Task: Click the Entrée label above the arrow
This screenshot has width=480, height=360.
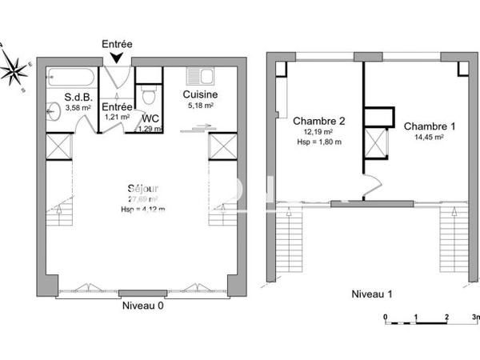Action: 118,44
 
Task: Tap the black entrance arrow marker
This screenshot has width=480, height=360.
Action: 118,58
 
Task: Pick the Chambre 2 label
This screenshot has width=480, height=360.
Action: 318,121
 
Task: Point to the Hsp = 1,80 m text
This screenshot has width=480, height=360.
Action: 318,142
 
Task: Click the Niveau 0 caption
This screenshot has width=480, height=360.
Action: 143,306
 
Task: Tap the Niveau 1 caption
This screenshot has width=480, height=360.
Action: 374,294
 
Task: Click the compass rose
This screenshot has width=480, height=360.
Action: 14,70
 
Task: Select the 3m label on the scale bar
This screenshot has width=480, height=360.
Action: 475,318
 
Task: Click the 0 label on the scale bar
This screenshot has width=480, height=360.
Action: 386,318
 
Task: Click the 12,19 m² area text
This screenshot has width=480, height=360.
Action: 318,132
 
